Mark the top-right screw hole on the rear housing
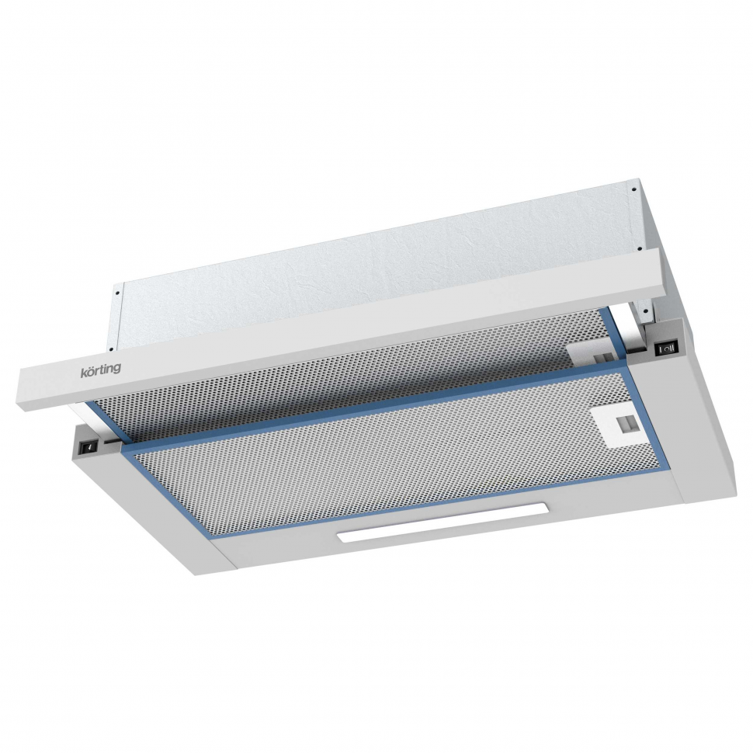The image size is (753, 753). [x=634, y=187]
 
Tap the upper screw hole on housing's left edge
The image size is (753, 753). [x=118, y=293]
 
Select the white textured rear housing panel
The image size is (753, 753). [x=373, y=264]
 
